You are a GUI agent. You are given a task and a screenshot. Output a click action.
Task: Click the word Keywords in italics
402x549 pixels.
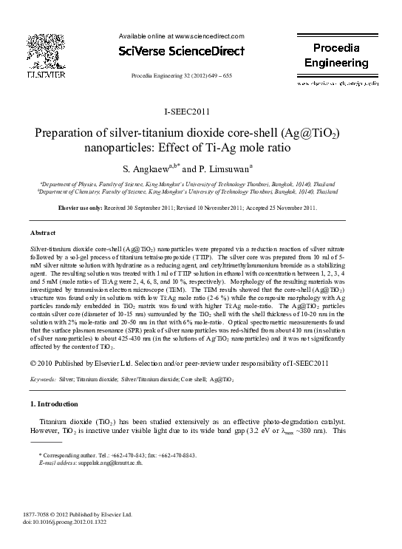click(42, 379)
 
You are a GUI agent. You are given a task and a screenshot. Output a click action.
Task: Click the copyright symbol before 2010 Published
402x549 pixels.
click(33, 362)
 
